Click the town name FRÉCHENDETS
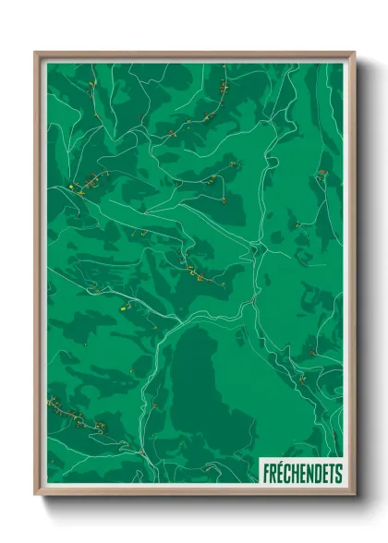[x=301, y=472]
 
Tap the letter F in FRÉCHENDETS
[x=265, y=472]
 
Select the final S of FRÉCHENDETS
[x=338, y=472]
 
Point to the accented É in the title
[x=280, y=472]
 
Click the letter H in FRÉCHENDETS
[x=295, y=472]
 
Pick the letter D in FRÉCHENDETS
[x=317, y=472]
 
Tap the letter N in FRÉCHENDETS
[x=309, y=472]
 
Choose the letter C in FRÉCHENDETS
[x=287, y=472]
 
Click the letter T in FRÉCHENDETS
[x=332, y=472]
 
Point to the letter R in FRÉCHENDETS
[x=273, y=472]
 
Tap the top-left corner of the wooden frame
[x=36, y=53]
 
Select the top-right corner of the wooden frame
[x=354, y=53]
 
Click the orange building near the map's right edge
[x=321, y=172]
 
